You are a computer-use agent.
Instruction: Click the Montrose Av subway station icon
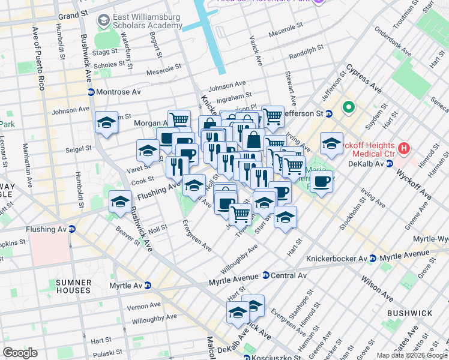pyautogui.click(x=91, y=92)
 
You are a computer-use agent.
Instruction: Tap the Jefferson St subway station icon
pyautogui.click(x=328, y=113)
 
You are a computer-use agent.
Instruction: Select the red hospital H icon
pyautogui.click(x=405, y=147)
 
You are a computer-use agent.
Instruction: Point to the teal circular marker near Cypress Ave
pyautogui.click(x=347, y=108)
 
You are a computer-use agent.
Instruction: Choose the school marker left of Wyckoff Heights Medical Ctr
pyautogui.click(x=331, y=143)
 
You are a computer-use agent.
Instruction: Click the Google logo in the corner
pyautogui.click(x=20, y=353)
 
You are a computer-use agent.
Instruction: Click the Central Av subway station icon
pyautogui.click(x=265, y=276)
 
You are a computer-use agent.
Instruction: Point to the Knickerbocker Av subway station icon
pyautogui.click(x=372, y=258)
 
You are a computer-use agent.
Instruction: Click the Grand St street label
pyautogui.click(x=77, y=14)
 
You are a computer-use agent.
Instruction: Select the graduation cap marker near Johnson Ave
pyautogui.click(x=106, y=124)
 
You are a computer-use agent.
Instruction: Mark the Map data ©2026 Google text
pyautogui.click(x=411, y=355)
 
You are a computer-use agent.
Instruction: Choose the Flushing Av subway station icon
pyautogui.click(x=72, y=228)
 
